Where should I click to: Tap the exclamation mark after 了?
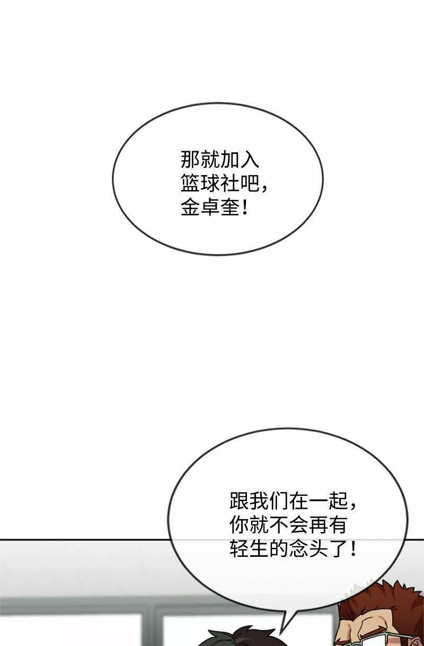pos(353,548)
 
